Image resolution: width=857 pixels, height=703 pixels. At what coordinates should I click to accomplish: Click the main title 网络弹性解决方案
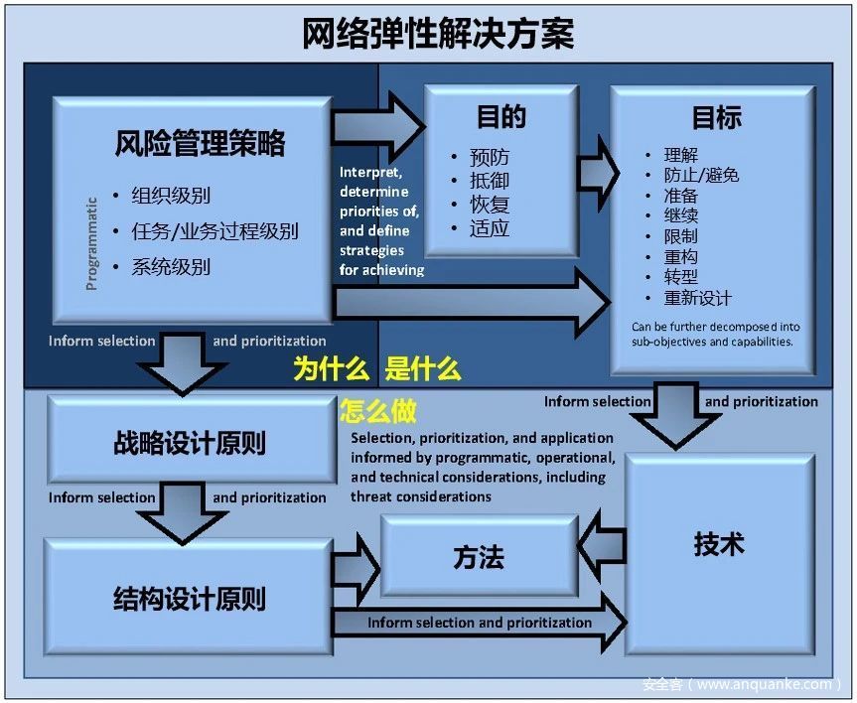(438, 34)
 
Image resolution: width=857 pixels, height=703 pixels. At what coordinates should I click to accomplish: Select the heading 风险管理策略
(200, 143)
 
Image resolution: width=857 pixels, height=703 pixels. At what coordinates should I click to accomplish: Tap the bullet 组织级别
(171, 196)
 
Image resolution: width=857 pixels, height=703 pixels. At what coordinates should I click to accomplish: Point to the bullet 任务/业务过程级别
(214, 231)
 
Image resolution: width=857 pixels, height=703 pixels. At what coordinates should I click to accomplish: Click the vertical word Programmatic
(91, 244)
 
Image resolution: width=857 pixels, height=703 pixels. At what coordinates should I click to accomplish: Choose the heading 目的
(501, 117)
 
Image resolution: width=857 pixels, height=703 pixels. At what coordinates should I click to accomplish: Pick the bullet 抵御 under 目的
(490, 181)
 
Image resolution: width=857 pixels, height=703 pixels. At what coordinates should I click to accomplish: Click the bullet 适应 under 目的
(490, 228)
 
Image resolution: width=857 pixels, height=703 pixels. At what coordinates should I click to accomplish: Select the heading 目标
(717, 118)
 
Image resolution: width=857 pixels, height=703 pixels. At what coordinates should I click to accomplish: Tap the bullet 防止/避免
(701, 175)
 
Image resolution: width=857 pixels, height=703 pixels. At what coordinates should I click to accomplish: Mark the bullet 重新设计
(697, 298)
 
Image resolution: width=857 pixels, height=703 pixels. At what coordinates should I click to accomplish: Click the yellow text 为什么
(332, 368)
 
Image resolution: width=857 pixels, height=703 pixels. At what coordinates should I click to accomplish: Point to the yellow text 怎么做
(378, 411)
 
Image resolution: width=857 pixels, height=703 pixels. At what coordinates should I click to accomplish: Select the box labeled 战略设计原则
(192, 440)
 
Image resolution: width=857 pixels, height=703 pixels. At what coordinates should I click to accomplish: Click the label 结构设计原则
(190, 599)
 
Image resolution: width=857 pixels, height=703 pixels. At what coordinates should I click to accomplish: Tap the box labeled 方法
(480, 556)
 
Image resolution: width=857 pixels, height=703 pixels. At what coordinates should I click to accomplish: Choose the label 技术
(719, 544)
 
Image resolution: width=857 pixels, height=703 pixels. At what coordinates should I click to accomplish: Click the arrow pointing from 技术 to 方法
(602, 545)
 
